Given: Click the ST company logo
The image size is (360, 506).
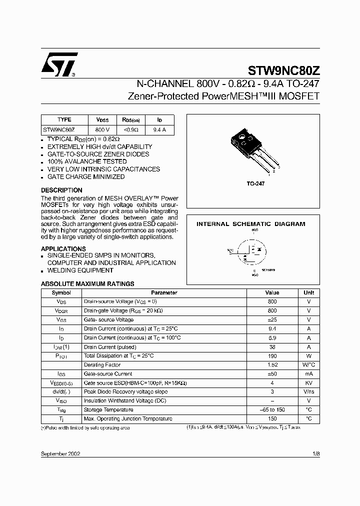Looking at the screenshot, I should coord(59,64).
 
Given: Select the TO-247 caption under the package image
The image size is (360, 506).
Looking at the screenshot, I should coord(255,184).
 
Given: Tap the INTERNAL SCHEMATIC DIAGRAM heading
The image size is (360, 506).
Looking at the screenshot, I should coord(250,224).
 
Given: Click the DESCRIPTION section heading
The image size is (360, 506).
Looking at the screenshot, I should coord(61,190).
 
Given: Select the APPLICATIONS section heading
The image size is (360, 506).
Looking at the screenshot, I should coord(63,249).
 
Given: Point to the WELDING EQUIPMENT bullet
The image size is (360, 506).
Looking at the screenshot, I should coord(80,270).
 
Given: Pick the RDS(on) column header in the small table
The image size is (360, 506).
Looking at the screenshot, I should coord(131,120).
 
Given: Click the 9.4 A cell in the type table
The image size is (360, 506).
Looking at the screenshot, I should coord(159,129).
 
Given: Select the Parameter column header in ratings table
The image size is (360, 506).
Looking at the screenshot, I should coord(164,293).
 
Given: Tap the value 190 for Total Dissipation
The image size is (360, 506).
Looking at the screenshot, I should coord(272,355).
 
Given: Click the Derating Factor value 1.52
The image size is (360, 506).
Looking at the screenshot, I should coord(272,365).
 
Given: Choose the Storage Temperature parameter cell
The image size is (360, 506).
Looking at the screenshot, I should coord(108,409).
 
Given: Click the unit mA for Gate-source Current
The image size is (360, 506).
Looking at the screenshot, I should coord(308,374).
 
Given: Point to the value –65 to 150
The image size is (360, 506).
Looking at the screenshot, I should coord(272,409).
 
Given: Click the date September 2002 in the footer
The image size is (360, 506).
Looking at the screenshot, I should coord(60,453).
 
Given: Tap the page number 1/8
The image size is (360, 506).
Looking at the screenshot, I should coord(315,453).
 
